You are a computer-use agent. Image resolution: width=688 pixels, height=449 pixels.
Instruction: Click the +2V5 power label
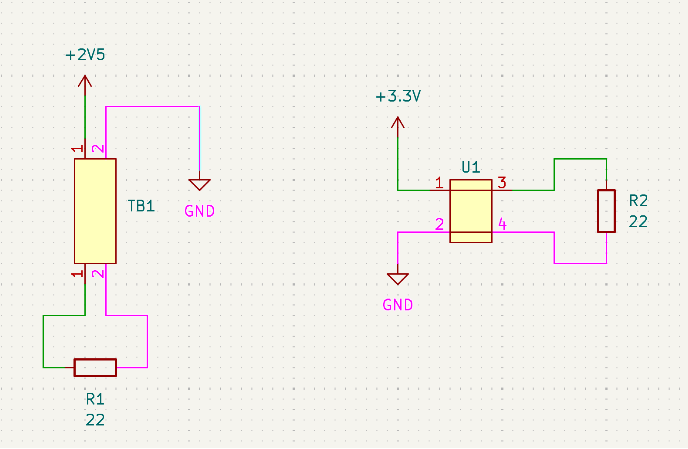coord(85,55)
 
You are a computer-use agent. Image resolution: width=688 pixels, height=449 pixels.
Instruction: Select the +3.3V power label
coord(398,96)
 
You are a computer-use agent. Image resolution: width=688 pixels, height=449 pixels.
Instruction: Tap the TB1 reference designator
coord(141,206)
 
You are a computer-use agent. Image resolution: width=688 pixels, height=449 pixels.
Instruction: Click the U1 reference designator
coord(471,167)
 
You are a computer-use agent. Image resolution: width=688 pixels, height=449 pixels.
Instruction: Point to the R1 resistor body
coord(95,367)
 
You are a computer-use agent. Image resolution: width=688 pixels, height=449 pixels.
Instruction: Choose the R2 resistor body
coord(606,211)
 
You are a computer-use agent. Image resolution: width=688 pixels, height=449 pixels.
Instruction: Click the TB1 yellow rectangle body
coord(95,211)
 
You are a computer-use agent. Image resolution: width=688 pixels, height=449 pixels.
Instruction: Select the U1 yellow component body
coord(471,211)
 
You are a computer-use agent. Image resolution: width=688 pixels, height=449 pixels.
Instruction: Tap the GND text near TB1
coord(200,212)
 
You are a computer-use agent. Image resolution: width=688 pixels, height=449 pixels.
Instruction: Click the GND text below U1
coord(398,305)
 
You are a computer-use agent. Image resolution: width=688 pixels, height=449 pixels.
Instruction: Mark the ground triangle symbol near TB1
coord(200,184)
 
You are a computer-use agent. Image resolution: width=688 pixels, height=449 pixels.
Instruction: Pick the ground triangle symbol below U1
coord(398,279)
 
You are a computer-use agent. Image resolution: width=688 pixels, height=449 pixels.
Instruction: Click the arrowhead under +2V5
coord(85,81)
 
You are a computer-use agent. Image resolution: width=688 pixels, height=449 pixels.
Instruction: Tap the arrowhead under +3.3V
coord(398,122)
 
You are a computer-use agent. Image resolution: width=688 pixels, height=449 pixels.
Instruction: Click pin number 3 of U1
coord(502,183)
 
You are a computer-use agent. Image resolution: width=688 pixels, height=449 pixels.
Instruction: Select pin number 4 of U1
coord(502,225)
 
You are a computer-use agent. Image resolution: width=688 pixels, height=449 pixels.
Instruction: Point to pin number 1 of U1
coord(439,183)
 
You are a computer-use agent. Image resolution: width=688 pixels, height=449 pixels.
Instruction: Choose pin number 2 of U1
coord(439,225)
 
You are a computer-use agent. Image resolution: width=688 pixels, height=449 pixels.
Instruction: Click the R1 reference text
coord(95,399)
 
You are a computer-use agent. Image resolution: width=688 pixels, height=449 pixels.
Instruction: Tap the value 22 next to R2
coord(638,222)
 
